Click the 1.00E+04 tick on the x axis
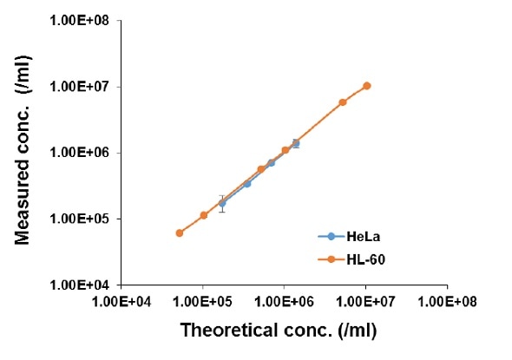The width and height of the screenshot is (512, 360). (121, 301)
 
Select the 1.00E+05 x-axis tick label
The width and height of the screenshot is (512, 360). (202, 301)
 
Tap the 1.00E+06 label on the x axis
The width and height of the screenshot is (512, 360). (284, 301)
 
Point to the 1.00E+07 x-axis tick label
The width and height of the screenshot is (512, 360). (365, 301)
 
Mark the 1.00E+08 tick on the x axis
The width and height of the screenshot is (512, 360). (447, 301)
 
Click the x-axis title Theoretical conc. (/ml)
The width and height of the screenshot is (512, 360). (279, 331)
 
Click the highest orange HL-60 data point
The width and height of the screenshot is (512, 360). (367, 85)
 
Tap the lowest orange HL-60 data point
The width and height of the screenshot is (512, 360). (179, 232)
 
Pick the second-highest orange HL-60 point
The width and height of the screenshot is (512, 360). (343, 102)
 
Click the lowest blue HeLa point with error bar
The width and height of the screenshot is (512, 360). (222, 203)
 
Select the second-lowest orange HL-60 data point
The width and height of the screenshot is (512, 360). (203, 215)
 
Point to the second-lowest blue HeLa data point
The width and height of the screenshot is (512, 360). (247, 183)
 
